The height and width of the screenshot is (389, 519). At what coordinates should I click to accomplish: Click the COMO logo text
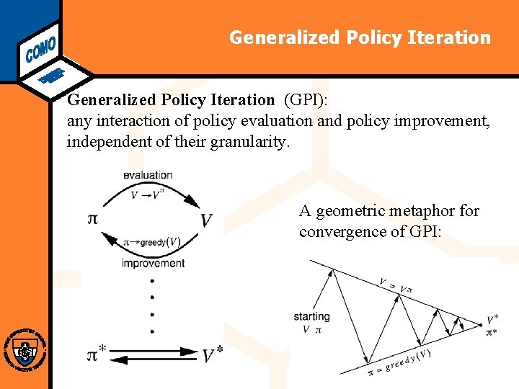[x=40, y=45]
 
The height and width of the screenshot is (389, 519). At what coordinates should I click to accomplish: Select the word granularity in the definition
[x=249, y=141]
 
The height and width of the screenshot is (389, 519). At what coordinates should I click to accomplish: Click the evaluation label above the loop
[x=148, y=174]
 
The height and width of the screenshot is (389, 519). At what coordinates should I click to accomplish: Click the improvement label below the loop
[x=153, y=263]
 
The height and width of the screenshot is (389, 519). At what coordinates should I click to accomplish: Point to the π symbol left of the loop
[x=92, y=218]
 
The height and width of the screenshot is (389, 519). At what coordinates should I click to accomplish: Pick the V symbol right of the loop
[x=207, y=220]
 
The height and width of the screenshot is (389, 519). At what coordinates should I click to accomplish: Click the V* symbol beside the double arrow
[x=212, y=355]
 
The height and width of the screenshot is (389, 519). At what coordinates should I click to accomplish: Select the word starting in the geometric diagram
[x=311, y=316]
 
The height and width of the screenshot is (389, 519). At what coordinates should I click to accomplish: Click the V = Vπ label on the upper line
[x=396, y=285]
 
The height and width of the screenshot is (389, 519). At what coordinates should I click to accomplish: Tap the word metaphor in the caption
[x=428, y=211]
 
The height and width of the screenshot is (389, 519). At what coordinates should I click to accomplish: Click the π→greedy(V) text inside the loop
[x=152, y=243]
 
